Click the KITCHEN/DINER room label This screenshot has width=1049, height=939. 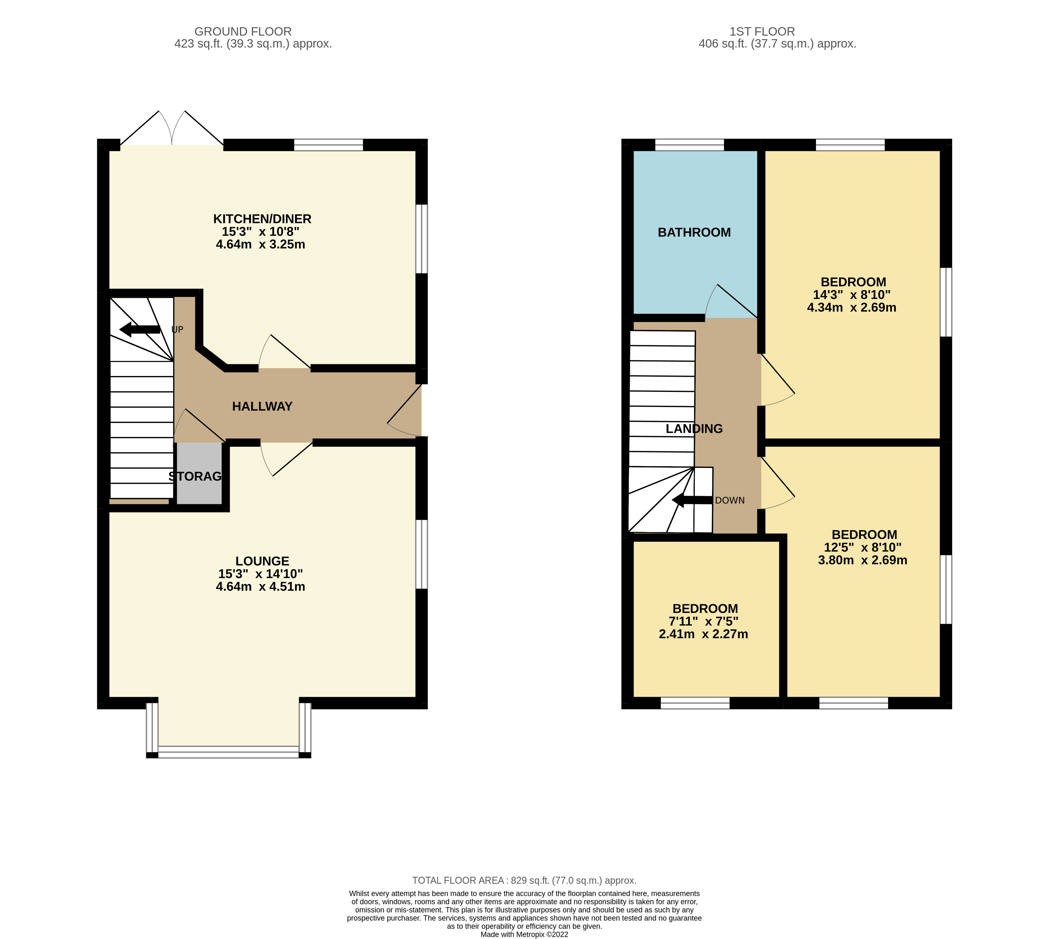262,219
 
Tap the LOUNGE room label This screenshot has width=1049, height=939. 262,561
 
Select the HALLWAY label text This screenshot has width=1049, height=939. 262,407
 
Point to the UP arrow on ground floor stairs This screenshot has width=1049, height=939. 140,329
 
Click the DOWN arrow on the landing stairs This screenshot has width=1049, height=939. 692,500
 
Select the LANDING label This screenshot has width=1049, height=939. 694,429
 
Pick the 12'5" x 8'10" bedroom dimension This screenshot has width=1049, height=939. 862,547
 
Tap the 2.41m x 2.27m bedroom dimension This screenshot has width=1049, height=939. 703,634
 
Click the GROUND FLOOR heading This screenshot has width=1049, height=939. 243,31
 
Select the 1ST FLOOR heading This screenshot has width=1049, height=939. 762,31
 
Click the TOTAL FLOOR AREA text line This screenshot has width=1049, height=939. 524,880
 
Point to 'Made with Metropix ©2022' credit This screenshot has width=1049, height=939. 524,934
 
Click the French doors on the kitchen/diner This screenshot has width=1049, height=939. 172,129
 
